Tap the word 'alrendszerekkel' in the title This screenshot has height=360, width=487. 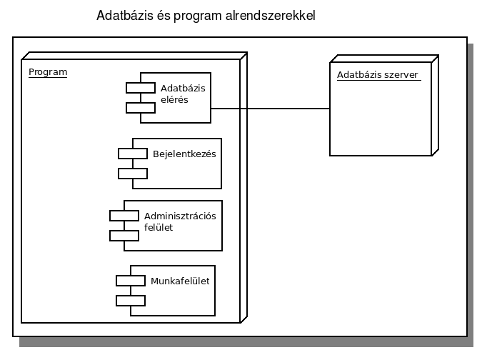point(270,16)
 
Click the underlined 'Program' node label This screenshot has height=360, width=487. point(48,72)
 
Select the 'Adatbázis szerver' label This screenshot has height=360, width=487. point(378,75)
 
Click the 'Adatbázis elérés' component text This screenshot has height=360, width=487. point(183,94)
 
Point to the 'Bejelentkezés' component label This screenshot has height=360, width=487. point(184,154)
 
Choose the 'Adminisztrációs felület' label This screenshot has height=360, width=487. point(180,221)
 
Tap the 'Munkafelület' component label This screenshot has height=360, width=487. point(180,281)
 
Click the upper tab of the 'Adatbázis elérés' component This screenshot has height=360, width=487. point(141,88)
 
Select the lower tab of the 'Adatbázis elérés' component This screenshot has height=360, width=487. point(141,108)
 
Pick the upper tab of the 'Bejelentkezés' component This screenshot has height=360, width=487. point(133,154)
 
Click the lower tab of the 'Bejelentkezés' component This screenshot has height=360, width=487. point(133,174)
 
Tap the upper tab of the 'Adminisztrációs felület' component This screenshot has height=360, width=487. point(124,216)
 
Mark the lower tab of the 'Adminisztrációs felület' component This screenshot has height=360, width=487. point(124,236)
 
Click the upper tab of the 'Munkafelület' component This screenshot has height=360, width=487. point(131,281)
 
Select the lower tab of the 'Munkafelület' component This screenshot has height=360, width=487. point(131,301)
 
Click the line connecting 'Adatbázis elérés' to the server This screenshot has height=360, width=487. point(270,109)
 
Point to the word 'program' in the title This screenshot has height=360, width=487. point(198,16)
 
